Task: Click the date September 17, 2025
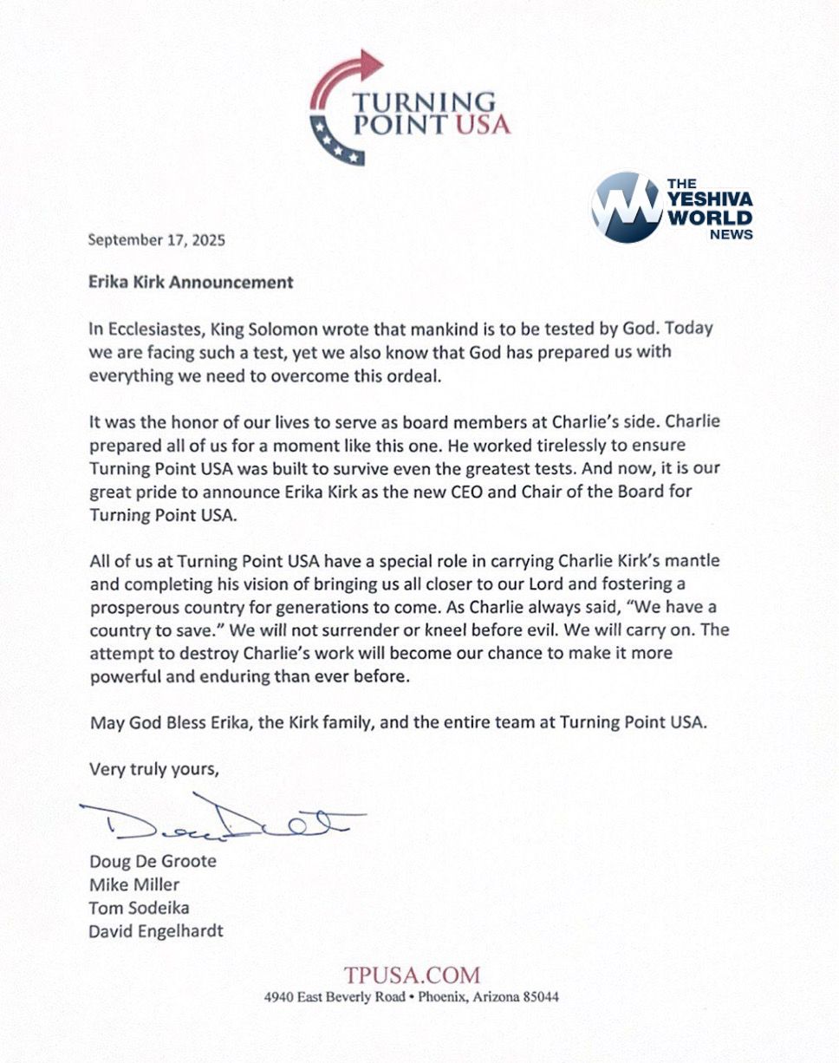(x=157, y=241)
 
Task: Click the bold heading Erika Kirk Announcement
(x=191, y=282)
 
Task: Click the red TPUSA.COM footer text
(x=411, y=975)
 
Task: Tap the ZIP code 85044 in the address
(x=541, y=997)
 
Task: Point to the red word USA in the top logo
(x=482, y=126)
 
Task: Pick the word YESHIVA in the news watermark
(x=710, y=199)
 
